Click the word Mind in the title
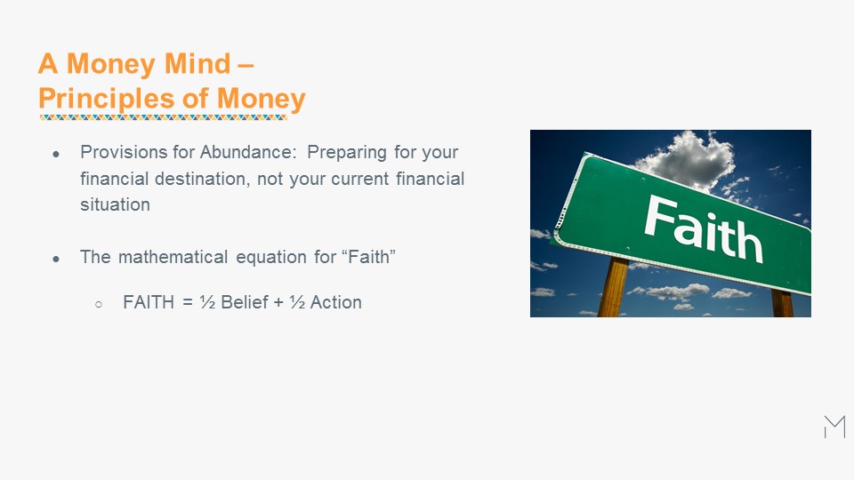coord(197,63)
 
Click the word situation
coord(115,204)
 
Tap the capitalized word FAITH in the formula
coord(149,302)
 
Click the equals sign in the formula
coord(188,302)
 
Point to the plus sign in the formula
coord(278,302)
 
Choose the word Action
coord(335,302)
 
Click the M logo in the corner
coord(835,427)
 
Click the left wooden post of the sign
coord(614,287)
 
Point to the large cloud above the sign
coord(688,158)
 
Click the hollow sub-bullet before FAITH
coord(99,304)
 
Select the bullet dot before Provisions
coord(56,154)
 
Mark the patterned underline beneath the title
coord(164,117)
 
